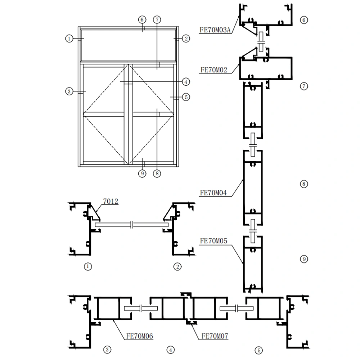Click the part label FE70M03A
[x=215, y=30]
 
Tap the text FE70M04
[x=213, y=193]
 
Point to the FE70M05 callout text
[x=213, y=241]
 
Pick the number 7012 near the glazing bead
[x=111, y=202]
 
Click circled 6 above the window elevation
[x=143, y=19]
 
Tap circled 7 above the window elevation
[x=157, y=19]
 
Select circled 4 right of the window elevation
[x=185, y=82]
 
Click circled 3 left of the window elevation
[x=69, y=91]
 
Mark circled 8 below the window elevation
[x=156, y=174]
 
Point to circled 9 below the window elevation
[x=143, y=174]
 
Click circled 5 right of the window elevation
[x=185, y=97]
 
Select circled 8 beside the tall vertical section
[x=304, y=184]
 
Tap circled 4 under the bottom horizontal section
[x=170, y=349]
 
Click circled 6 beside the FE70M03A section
[x=304, y=20]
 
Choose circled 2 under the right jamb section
[x=177, y=266]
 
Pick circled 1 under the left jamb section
[x=87, y=266]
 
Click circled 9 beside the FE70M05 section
[x=304, y=259]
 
